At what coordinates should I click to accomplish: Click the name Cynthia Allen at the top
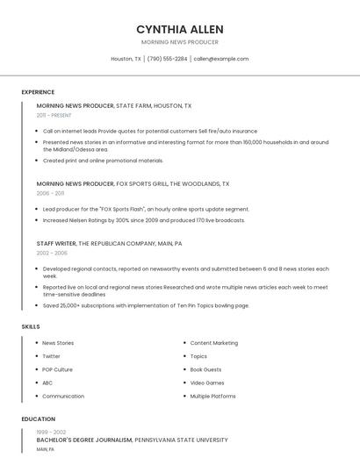tap(180, 29)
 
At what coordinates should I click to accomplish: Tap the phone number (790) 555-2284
tap(167, 59)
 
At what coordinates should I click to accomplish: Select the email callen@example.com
tap(221, 59)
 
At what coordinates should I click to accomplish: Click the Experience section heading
tap(38, 92)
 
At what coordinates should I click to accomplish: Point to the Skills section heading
tap(31, 326)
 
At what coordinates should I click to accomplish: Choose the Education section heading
tap(38, 419)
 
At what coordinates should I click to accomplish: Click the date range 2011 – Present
tap(54, 115)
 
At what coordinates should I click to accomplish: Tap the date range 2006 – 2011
tap(50, 193)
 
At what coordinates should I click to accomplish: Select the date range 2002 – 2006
tap(52, 253)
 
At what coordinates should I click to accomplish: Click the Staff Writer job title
tap(56, 243)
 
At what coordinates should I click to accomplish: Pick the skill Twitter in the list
tap(51, 356)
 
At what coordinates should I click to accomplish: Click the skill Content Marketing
tap(213, 343)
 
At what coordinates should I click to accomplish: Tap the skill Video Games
tap(207, 383)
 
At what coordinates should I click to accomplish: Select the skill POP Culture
tap(57, 369)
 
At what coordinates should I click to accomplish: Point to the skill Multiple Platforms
tap(212, 396)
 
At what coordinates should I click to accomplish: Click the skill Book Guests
tap(205, 369)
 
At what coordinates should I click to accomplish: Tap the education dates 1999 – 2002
tap(51, 432)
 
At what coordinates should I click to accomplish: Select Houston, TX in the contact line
tap(126, 59)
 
